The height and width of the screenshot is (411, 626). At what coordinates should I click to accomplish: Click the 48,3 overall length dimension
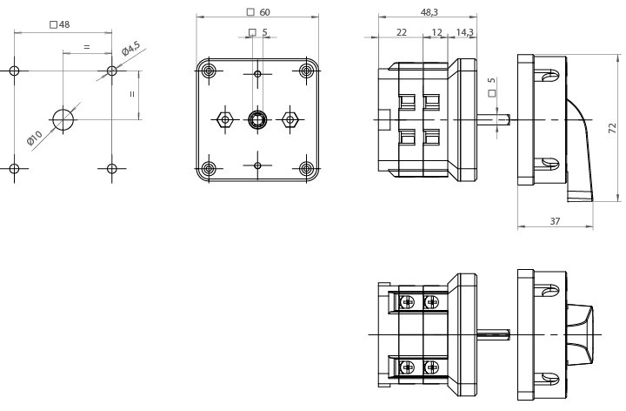pyautogui.click(x=430, y=12)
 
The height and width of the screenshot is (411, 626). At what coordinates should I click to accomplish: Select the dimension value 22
pyautogui.click(x=402, y=32)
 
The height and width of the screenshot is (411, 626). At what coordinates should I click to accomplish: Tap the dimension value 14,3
pyautogui.click(x=464, y=32)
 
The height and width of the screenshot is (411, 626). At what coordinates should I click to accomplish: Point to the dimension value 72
pyautogui.click(x=612, y=128)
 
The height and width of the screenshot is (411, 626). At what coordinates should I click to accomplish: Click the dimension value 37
pyautogui.click(x=556, y=221)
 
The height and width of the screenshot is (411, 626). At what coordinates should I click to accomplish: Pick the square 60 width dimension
pyautogui.click(x=259, y=12)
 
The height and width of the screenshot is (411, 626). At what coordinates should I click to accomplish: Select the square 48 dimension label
pyautogui.click(x=60, y=24)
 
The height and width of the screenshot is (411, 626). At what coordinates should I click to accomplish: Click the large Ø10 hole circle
pyautogui.click(x=63, y=119)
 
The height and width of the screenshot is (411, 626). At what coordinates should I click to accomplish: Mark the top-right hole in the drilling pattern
pyautogui.click(x=111, y=71)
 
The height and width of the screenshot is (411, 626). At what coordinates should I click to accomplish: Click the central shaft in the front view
pyautogui.click(x=258, y=119)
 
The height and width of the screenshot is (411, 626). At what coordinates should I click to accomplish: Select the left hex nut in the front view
pyautogui.click(x=224, y=119)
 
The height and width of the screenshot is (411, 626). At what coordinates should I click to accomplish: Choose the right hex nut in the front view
pyautogui.click(x=292, y=119)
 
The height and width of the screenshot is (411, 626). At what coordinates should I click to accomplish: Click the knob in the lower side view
pyautogui.click(x=580, y=334)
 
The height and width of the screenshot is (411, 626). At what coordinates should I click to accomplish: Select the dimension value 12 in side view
pyautogui.click(x=436, y=32)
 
